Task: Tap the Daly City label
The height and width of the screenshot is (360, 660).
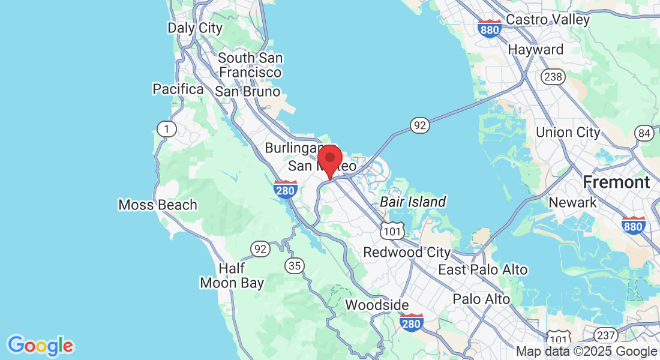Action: point(194,28)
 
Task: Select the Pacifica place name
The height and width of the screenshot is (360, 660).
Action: point(178,89)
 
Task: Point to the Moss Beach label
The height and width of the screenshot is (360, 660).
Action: point(158,205)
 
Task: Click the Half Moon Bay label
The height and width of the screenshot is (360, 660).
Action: point(232,275)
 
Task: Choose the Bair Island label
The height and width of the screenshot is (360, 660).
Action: point(413,202)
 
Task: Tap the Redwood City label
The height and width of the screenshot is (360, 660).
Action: point(407,252)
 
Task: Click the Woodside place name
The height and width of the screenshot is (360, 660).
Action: point(377,305)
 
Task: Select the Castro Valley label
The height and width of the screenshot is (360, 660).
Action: point(548,19)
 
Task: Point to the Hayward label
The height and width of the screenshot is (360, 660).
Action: point(536,49)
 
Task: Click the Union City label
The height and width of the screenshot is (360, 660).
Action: point(568,132)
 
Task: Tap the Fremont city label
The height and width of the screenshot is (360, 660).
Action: point(616,182)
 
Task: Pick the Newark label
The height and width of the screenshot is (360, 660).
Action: point(573,202)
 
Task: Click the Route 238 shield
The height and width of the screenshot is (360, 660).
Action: point(551,76)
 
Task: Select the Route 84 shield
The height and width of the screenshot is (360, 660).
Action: point(645,133)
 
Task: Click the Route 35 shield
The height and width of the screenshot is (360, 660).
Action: point(295,265)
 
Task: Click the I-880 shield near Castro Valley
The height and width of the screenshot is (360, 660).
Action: point(490,28)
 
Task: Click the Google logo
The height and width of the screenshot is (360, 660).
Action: point(40,346)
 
